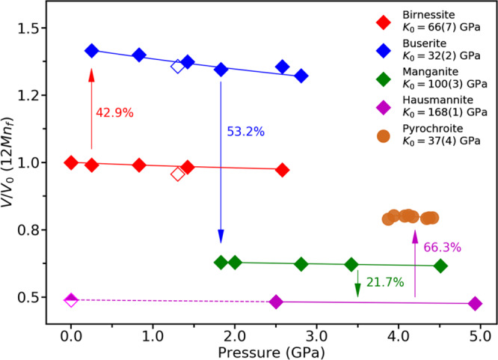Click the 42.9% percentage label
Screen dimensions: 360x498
[114, 112]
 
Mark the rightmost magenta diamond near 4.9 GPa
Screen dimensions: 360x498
[475, 303]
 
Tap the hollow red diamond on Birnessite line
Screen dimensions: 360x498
[177, 174]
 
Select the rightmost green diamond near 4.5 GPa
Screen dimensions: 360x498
[440, 266]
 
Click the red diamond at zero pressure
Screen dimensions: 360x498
[71, 162]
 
